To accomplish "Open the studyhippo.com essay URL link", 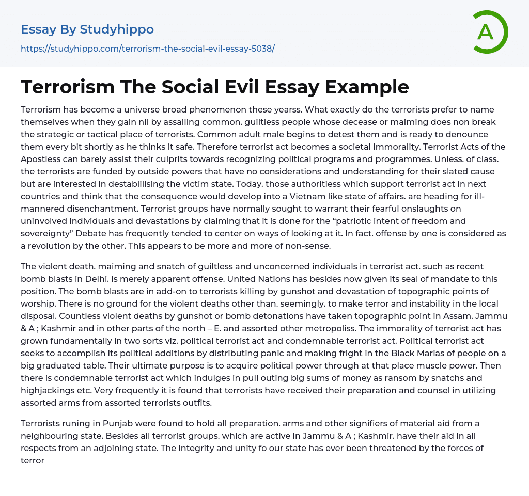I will (148, 49).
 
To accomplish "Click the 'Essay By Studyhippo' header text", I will (87, 29).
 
